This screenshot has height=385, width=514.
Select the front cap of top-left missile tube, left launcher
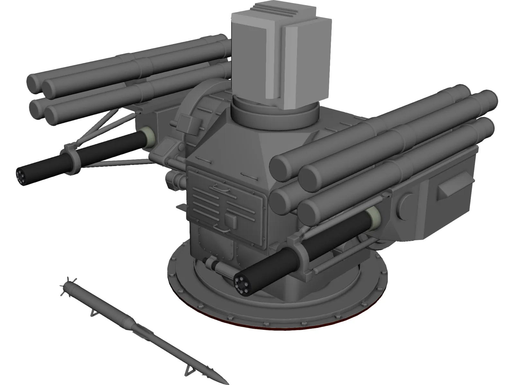(x=35, y=81)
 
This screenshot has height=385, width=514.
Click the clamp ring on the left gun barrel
(x=71, y=158)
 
